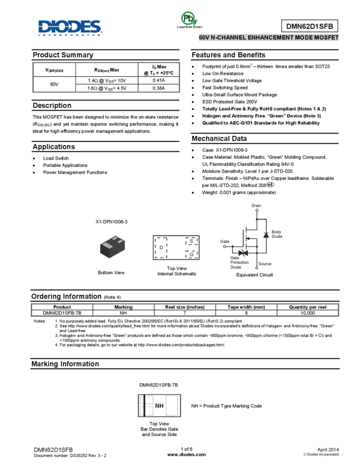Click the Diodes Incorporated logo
tap(70, 27)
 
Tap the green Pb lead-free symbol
tap(189, 19)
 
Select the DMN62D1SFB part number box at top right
tap(309, 26)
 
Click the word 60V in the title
tap(204, 38)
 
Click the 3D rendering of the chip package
tap(113, 247)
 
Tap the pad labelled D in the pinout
tap(161, 248)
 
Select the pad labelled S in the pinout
tap(191, 241)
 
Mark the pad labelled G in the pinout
tap(191, 254)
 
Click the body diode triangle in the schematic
tap(266, 235)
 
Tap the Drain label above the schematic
tap(256, 206)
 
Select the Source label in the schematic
tap(265, 264)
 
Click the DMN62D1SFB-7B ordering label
tap(158, 385)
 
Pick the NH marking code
tap(159, 406)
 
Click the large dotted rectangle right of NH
tap(172, 406)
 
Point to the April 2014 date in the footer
tap(328, 449)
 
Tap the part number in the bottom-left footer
tap(54, 450)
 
